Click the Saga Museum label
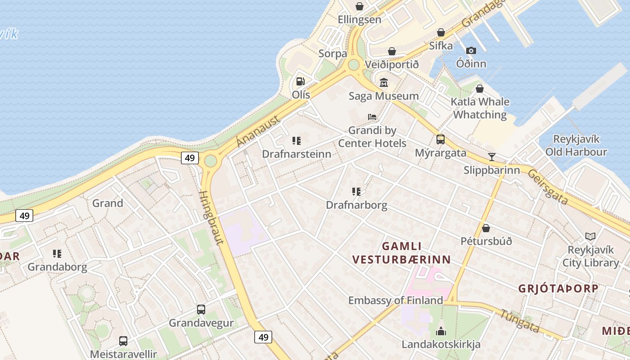pos(384,96)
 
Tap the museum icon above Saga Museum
pos(384,83)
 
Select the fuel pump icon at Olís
pos(300,82)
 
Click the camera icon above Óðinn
pos(471,50)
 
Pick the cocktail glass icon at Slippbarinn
pos(492,157)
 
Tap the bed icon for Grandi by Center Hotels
pos(372,117)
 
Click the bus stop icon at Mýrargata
pos(440,139)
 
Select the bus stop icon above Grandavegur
pos(201,310)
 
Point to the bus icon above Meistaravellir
pos(123,341)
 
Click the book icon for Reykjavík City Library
pos(590,236)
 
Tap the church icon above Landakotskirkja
pos(441,331)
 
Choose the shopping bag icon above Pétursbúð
pos(486,228)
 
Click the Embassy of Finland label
pos(396,300)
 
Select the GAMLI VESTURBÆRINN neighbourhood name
pos(401,253)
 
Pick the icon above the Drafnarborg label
pos(356,192)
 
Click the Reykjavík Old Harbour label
pos(576,145)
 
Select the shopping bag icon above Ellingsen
pos(360,6)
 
